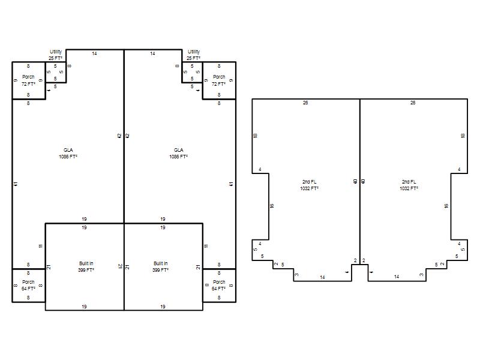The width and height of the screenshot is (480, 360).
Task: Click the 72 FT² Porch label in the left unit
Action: click(28, 80)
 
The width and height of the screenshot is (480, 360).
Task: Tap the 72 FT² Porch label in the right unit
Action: click(219, 80)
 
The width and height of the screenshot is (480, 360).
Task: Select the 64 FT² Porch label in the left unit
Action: click(28, 286)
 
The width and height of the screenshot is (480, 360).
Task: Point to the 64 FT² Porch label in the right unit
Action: click(219, 286)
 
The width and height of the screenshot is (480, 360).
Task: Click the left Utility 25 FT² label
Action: click(55, 55)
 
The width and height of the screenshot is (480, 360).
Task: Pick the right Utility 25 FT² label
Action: click(193, 55)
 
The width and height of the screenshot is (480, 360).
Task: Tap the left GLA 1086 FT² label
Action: click(68, 153)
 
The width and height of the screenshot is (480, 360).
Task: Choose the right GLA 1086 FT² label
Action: click(178, 153)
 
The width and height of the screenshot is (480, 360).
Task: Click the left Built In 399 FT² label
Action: click(86, 266)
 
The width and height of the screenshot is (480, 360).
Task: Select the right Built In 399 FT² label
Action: click(160, 266)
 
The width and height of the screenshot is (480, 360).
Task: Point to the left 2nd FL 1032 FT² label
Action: click(309, 185)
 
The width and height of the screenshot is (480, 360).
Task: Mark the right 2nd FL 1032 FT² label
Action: click(409, 185)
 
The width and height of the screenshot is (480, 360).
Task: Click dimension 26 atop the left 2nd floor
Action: click(305, 103)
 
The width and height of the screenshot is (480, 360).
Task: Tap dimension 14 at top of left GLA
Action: click(94, 53)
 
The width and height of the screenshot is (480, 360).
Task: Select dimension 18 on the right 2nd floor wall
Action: click(463, 136)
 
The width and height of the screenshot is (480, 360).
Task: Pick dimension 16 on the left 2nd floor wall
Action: click(272, 206)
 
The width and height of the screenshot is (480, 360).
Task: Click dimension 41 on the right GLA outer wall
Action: click(231, 184)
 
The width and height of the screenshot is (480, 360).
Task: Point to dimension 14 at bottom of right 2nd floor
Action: click(397, 277)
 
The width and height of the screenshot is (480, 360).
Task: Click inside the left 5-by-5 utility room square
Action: click(55, 72)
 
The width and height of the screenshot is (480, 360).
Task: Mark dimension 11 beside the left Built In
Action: click(41, 246)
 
